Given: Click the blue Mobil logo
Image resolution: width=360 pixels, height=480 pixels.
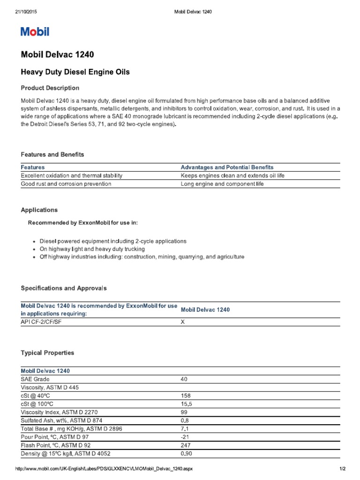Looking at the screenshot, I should click(35, 32).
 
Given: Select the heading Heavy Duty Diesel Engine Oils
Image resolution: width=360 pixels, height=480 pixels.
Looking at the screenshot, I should click(75, 72).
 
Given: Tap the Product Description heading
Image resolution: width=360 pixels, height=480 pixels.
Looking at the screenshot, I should click(50, 88).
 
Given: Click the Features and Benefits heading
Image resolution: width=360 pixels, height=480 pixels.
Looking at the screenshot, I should click(52, 154).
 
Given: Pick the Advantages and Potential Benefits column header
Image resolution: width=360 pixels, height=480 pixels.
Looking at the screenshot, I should click(227, 167).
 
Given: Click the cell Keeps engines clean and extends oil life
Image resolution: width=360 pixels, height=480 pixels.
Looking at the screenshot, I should click(232, 176).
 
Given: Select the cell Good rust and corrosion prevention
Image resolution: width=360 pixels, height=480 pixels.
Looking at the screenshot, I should click(66, 184).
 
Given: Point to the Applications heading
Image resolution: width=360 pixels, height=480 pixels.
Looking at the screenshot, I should click(39, 210).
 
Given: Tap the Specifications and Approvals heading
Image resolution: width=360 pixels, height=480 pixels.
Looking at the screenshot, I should click(64, 288).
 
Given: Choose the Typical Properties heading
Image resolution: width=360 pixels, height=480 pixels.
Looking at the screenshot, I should click(47, 352).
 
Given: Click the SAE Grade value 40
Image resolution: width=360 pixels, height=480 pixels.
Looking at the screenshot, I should click(184, 379).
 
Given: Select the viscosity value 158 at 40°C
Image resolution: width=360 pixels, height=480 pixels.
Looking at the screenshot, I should click(185, 395).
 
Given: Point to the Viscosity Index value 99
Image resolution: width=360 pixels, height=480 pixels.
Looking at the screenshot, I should click(184, 412).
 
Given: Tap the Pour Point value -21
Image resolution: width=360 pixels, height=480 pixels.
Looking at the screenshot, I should click(184, 437).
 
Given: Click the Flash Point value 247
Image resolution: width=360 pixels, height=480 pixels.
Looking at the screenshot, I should click(185, 445).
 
